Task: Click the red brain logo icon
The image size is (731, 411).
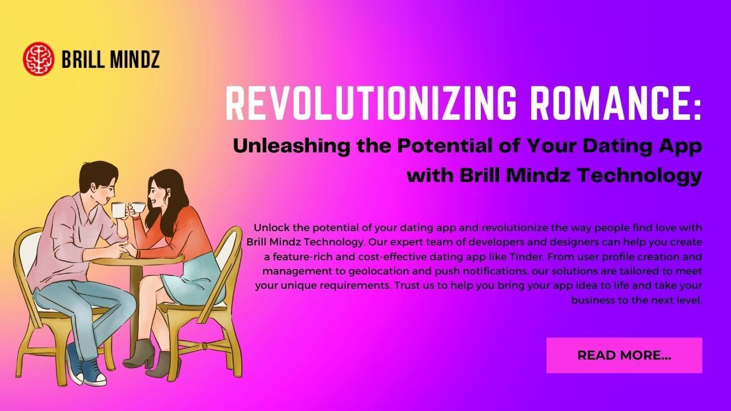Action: pos(38,59)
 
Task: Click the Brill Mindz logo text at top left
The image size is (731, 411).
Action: pos(110,59)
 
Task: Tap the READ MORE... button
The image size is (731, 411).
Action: pos(624,355)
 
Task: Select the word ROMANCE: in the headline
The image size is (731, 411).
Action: pos(614,103)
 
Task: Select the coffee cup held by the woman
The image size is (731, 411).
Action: pos(138,207)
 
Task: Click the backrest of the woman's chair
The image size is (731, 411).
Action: pos(227,257)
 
